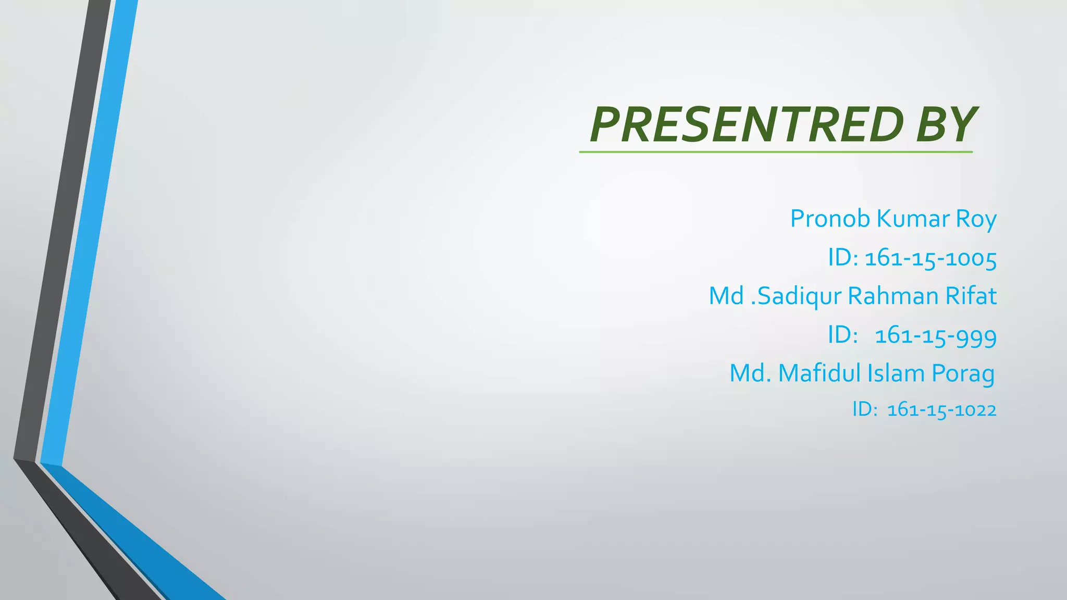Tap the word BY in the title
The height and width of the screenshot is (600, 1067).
[945, 124]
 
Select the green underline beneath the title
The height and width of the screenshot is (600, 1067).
[776, 152]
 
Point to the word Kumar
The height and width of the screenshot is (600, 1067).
[913, 219]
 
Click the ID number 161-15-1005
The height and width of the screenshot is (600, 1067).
[930, 258]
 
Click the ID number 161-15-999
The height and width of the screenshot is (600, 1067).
[936, 335]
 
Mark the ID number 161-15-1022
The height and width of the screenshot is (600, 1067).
[941, 410]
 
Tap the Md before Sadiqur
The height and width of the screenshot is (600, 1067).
[726, 296]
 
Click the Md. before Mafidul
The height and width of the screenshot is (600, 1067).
[750, 373]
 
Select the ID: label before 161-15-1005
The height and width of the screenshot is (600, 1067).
[843, 257]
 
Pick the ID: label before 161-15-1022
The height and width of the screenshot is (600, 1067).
[865, 409]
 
